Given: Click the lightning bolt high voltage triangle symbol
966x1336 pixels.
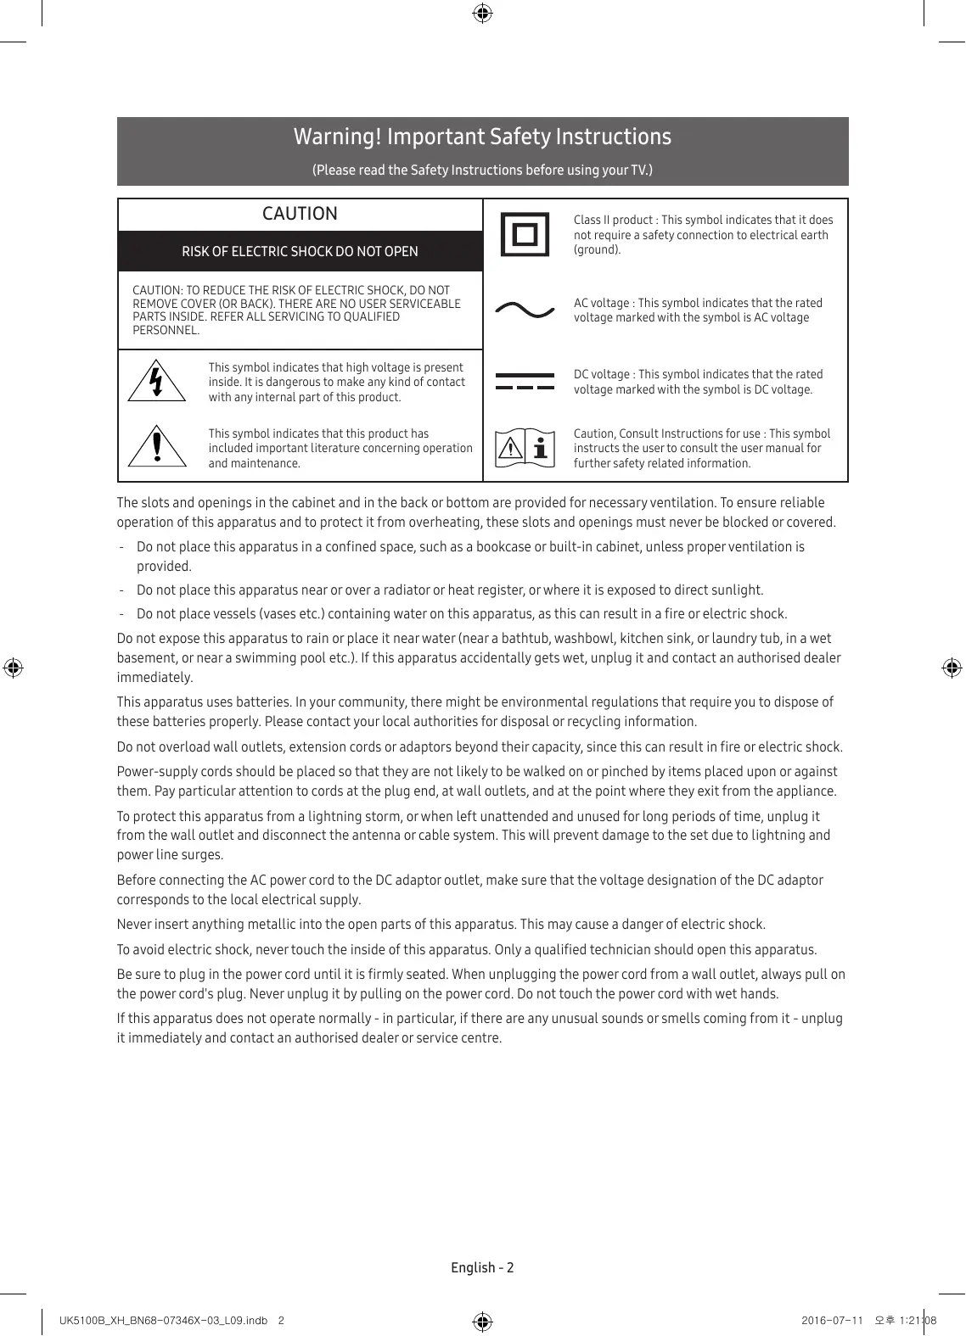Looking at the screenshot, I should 156,381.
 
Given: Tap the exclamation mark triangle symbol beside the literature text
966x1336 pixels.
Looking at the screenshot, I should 157,446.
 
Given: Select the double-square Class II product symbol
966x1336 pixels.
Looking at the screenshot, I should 525,234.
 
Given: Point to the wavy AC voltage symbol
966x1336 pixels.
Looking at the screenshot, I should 525,310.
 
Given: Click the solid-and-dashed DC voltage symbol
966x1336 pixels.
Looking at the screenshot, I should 525,381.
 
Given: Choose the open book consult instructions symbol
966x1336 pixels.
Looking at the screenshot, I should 525,448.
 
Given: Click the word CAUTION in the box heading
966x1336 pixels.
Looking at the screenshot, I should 300,214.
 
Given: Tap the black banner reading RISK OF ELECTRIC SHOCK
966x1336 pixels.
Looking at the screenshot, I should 300,251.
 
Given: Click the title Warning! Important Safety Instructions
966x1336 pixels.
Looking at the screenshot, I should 482,137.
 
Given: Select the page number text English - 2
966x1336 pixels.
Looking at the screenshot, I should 482,1267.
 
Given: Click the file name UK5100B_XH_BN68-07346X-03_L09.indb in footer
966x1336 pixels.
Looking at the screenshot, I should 163,1320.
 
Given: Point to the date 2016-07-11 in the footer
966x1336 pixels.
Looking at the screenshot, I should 832,1320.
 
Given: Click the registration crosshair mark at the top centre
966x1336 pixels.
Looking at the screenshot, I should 482,13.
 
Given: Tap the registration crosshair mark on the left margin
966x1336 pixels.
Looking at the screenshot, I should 13,668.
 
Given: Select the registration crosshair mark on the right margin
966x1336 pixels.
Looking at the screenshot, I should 952,668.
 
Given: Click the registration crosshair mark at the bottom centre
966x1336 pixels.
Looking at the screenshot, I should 482,1322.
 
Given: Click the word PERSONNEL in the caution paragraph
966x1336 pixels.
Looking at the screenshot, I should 166,330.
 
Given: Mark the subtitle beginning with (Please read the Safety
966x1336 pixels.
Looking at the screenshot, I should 482,170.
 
